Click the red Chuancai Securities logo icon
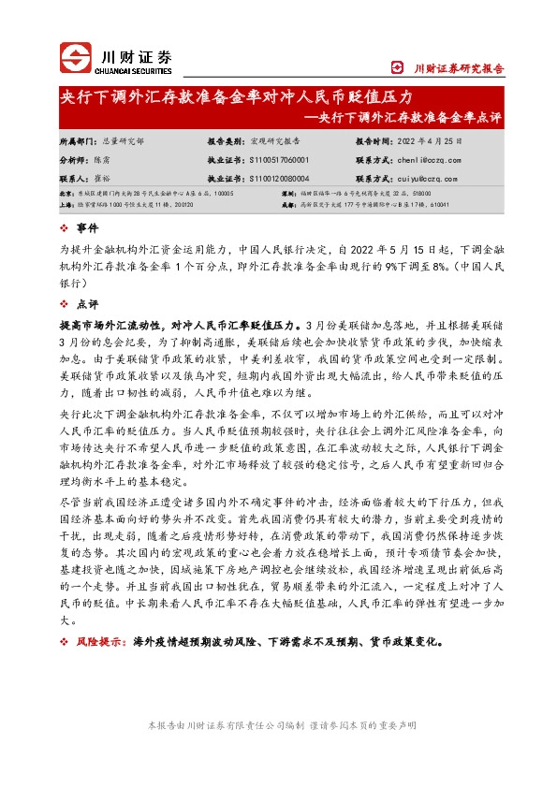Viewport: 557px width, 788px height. coord(74,57)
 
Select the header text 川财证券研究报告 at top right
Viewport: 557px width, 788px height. coord(460,68)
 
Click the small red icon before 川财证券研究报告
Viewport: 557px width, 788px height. coord(397,67)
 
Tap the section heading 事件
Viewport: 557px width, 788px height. coord(86,228)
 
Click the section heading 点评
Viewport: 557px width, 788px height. coord(86,304)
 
